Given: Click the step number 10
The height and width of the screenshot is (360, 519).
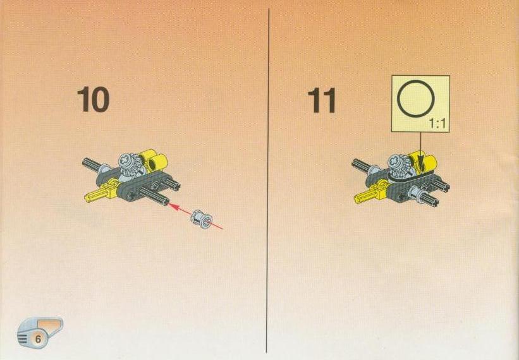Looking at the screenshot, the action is [93, 99].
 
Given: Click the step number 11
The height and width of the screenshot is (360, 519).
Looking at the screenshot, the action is [321, 100].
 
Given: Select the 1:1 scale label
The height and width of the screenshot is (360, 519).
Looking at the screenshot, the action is [437, 124].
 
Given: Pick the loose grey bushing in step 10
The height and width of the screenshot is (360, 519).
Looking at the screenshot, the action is [201, 219].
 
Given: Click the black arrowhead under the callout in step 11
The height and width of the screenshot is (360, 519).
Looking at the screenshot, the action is [420, 161].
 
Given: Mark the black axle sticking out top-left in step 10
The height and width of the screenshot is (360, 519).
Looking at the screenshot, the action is [92, 164].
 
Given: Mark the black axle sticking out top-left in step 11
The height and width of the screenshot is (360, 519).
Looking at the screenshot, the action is [362, 165].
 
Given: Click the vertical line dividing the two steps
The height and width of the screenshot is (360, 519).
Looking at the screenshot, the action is [268, 180].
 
